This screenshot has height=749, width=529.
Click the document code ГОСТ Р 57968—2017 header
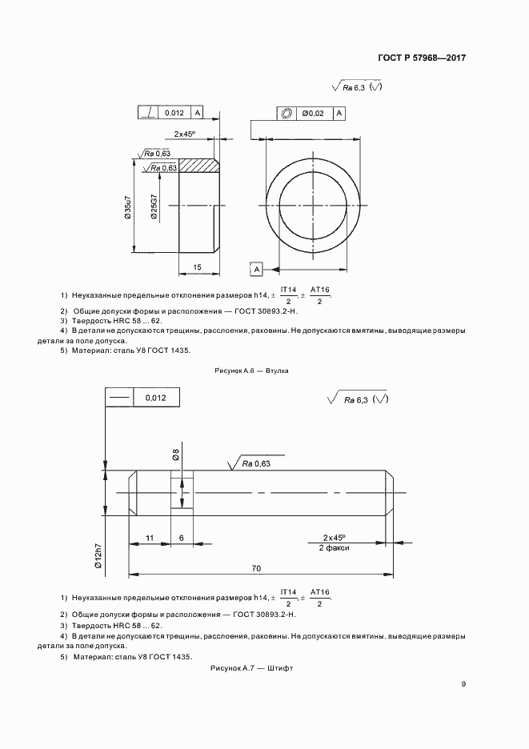pyautogui.click(x=421, y=58)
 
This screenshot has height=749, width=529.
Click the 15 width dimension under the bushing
pyautogui.click(x=196, y=266)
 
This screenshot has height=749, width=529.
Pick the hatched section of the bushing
pyautogui.click(x=198, y=166)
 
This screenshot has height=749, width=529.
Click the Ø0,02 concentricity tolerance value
pyautogui.click(x=314, y=114)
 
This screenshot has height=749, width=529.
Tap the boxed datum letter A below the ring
pyautogui.click(x=255, y=268)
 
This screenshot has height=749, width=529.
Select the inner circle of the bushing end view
pyautogui.click(x=312, y=207)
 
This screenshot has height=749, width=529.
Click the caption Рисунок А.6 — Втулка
pyautogui.click(x=252, y=371)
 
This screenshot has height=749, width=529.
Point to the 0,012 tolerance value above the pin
pyautogui.click(x=155, y=398)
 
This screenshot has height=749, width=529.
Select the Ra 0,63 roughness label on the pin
pyautogui.click(x=257, y=463)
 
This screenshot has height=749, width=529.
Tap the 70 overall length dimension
pyautogui.click(x=256, y=568)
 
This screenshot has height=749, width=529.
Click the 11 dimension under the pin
pyautogui.click(x=150, y=539)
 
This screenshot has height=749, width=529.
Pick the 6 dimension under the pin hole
pyautogui.click(x=182, y=539)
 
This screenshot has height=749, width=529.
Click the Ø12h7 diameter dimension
pyautogui.click(x=98, y=555)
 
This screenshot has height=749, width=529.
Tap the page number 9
pyautogui.click(x=463, y=683)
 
